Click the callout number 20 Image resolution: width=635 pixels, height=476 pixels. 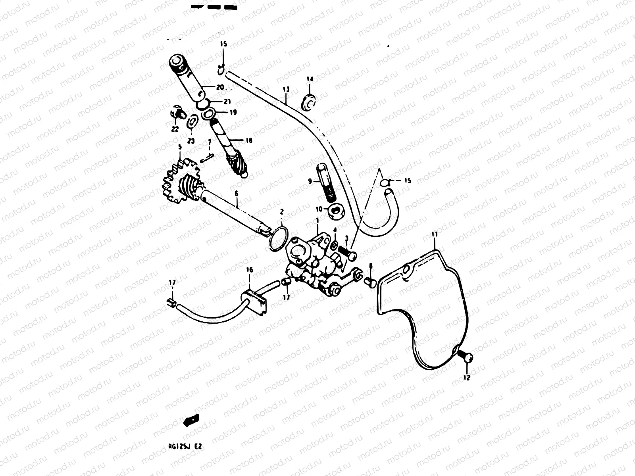(x=220, y=87)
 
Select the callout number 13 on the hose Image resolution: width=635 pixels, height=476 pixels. (x=286, y=89)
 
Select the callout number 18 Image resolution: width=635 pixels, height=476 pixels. (x=248, y=140)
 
